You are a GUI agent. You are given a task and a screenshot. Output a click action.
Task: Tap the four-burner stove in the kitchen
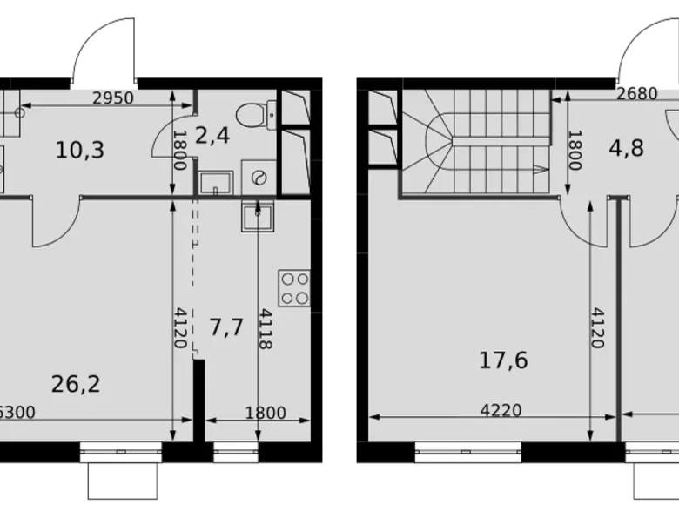[294, 288]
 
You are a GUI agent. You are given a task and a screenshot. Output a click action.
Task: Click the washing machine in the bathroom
[259, 177]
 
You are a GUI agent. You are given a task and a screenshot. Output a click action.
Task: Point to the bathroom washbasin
[212, 182]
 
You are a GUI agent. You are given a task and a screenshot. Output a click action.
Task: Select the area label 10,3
[79, 150]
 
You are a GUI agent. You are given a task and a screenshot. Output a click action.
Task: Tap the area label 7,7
[226, 327]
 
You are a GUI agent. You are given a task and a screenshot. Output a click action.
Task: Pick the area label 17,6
[503, 360]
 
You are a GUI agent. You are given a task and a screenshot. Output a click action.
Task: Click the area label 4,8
[626, 147]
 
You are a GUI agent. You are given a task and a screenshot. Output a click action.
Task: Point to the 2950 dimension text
[113, 98]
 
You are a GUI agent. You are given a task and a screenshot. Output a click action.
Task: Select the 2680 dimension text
[636, 95]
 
